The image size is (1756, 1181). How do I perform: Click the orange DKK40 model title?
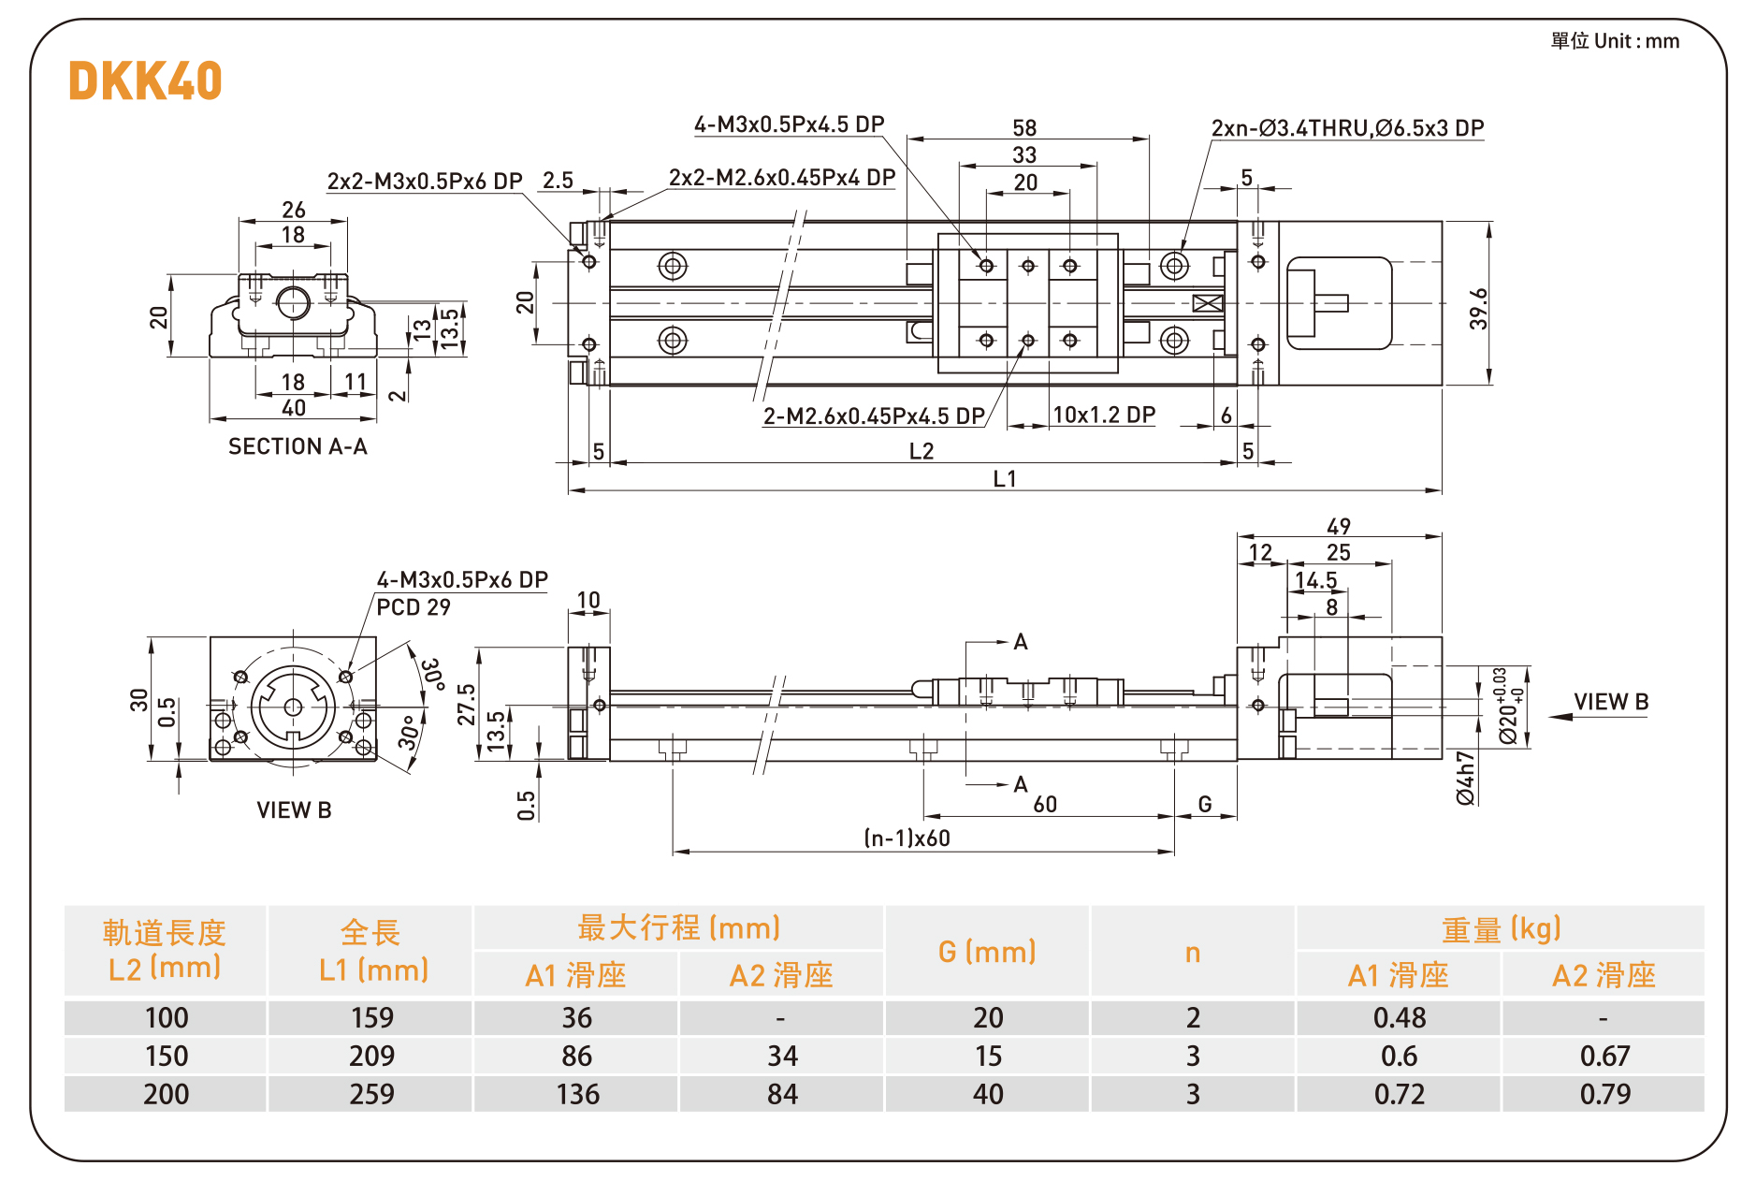click(x=145, y=80)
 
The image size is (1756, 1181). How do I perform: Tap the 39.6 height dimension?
click(x=1477, y=308)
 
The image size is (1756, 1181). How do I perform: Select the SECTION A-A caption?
click(x=298, y=446)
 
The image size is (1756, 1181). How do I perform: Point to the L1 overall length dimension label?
click(x=1005, y=479)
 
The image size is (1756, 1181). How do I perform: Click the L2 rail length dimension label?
click(x=922, y=451)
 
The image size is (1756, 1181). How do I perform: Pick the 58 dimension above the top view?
click(x=1024, y=128)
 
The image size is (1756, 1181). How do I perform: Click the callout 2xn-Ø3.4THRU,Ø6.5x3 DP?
click(x=1347, y=128)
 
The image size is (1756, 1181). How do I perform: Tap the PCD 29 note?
click(x=414, y=607)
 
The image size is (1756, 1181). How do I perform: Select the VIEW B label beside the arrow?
click(x=1611, y=702)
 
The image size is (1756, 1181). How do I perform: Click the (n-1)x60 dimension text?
click(x=907, y=838)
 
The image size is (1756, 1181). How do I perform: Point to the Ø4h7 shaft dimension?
click(x=1465, y=778)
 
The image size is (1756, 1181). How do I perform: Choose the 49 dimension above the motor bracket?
click(x=1339, y=527)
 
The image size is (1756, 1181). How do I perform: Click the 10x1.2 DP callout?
click(x=1104, y=415)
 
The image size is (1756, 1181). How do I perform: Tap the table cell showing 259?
click(x=371, y=1094)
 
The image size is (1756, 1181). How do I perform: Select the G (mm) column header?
click(x=987, y=952)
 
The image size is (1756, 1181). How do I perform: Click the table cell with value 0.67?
click(x=1604, y=1056)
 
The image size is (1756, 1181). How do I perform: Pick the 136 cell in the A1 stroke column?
click(x=577, y=1094)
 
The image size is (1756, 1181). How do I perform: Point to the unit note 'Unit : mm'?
click(x=1616, y=41)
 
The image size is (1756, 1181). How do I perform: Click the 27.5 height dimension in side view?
click(x=466, y=704)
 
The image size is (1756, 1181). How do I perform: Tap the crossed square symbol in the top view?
click(x=1208, y=303)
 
